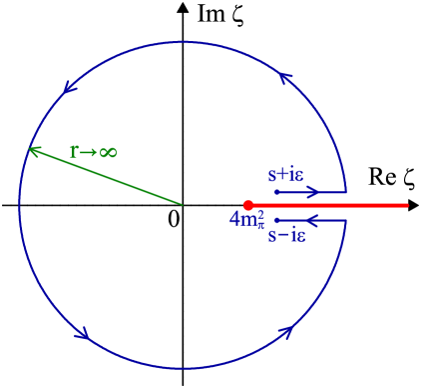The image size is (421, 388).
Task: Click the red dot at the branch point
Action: click(248, 205)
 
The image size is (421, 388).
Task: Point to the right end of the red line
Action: click(408, 205)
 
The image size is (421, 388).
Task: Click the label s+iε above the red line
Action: click(286, 174)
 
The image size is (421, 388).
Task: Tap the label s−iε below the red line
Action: click(286, 236)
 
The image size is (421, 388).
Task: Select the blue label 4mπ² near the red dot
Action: click(247, 220)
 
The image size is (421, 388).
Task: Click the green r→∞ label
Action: click(93, 152)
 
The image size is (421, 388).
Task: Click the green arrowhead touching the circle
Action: click(34, 151)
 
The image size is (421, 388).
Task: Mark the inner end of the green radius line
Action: click(183, 204)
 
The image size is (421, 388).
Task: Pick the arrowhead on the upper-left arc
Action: click(69, 87)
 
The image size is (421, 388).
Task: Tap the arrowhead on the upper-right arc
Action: click(285, 77)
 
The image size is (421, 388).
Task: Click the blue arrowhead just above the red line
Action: click(313, 191)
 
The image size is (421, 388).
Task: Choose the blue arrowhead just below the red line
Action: click(311, 220)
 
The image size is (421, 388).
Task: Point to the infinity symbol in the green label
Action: click(108, 152)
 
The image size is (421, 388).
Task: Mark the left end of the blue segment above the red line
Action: click(276, 191)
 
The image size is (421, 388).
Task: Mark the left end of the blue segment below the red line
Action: click(276, 220)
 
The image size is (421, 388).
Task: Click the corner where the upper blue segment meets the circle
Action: click(346, 191)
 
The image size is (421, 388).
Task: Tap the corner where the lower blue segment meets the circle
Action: click(346, 220)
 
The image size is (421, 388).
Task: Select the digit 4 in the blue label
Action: click(234, 219)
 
